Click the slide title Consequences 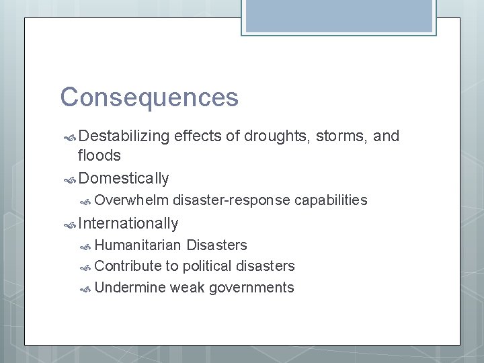tap(149, 97)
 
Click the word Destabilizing tap(124, 136)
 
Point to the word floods tap(99, 156)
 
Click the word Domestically tap(124, 179)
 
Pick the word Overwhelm tap(132, 200)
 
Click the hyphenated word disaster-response tap(232, 200)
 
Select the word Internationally tap(128, 223)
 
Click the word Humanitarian tap(138, 245)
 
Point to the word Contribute tap(128, 266)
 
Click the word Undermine tap(130, 288)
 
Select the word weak tap(188, 288)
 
